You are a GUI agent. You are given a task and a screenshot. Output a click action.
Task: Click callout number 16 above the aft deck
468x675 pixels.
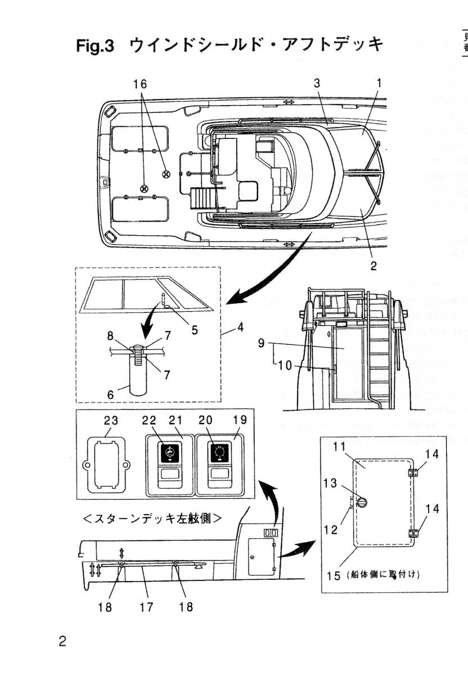coord(139,84)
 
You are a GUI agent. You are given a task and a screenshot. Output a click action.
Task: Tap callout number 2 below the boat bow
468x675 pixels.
coord(373,265)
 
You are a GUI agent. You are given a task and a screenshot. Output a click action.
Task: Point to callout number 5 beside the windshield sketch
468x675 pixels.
coord(195,330)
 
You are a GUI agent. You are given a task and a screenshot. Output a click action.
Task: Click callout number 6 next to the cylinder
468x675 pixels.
coord(111,395)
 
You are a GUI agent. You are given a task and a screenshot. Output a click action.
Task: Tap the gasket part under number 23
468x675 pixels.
coord(107,466)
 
